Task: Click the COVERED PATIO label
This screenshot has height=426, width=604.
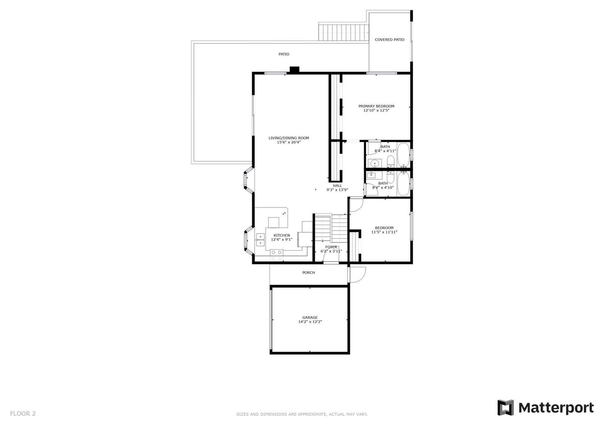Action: click(389, 40)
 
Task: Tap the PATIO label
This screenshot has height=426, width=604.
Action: click(284, 54)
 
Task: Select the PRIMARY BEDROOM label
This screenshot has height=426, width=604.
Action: click(376, 106)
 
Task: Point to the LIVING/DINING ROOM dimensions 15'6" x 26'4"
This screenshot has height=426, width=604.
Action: click(289, 142)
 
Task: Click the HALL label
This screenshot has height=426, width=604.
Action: click(337, 185)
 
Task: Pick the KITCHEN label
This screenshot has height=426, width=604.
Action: click(282, 235)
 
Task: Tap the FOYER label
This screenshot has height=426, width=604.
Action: click(331, 247)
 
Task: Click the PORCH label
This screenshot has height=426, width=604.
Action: click(308, 273)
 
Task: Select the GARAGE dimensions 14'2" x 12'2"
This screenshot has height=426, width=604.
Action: click(310, 322)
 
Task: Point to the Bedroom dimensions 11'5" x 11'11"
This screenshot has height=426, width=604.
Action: click(384, 232)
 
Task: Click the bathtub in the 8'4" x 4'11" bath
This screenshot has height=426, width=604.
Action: click(404, 155)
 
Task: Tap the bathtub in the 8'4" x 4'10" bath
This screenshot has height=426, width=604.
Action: click(404, 184)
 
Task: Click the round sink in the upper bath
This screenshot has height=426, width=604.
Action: click(374, 163)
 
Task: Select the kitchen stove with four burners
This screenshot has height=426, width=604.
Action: click(277, 255)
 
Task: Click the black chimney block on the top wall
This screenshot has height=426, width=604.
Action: click(294, 69)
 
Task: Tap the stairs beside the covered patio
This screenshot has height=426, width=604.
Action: click(344, 32)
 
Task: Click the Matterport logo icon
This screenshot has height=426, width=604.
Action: click(505, 408)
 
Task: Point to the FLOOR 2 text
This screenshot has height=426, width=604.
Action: click(23, 413)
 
